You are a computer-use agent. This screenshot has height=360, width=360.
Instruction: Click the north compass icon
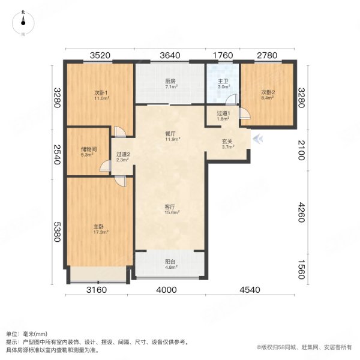(x=23, y=22)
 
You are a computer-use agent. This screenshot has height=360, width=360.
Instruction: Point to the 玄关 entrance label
(x=227, y=144)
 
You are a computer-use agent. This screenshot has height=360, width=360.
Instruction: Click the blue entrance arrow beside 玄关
(x=257, y=141)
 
